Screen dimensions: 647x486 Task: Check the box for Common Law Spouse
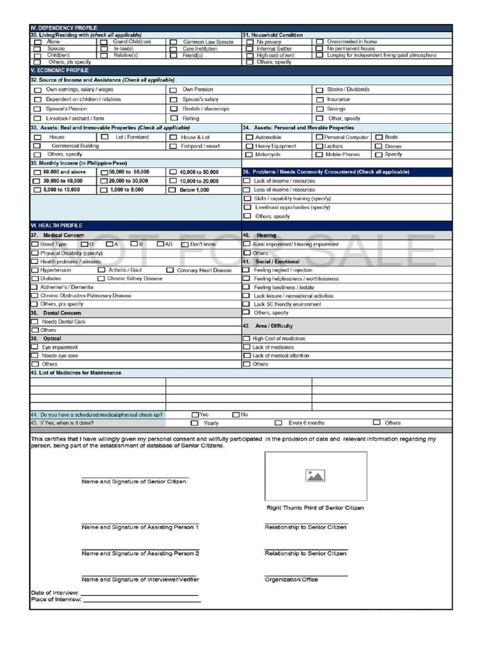coord(173,42)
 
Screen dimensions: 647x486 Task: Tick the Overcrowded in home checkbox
coord(320,42)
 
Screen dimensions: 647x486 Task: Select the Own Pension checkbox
coord(173,90)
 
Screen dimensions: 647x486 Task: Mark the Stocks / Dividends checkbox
coord(320,90)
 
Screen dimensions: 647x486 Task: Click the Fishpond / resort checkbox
coord(173,147)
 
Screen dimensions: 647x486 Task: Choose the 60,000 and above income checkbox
coord(37,172)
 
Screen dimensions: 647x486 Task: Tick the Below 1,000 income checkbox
coord(173,190)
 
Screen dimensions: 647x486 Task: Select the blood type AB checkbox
coord(160,245)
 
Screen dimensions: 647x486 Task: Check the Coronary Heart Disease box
coord(170,270)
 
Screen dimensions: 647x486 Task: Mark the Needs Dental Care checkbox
coord(35,322)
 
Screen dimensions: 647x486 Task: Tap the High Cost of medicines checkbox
coord(247,339)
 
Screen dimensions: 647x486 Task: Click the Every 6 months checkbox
coord(278,423)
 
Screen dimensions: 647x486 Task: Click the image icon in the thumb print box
coord(315,476)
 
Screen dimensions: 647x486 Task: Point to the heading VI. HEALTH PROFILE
coord(56,226)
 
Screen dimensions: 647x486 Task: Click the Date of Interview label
coord(54,593)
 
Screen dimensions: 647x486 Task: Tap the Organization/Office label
coord(291,579)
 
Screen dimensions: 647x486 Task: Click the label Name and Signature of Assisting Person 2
coord(140,553)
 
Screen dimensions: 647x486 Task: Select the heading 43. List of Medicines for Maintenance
coord(76,373)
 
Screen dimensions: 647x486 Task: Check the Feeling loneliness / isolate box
coord(247,287)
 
